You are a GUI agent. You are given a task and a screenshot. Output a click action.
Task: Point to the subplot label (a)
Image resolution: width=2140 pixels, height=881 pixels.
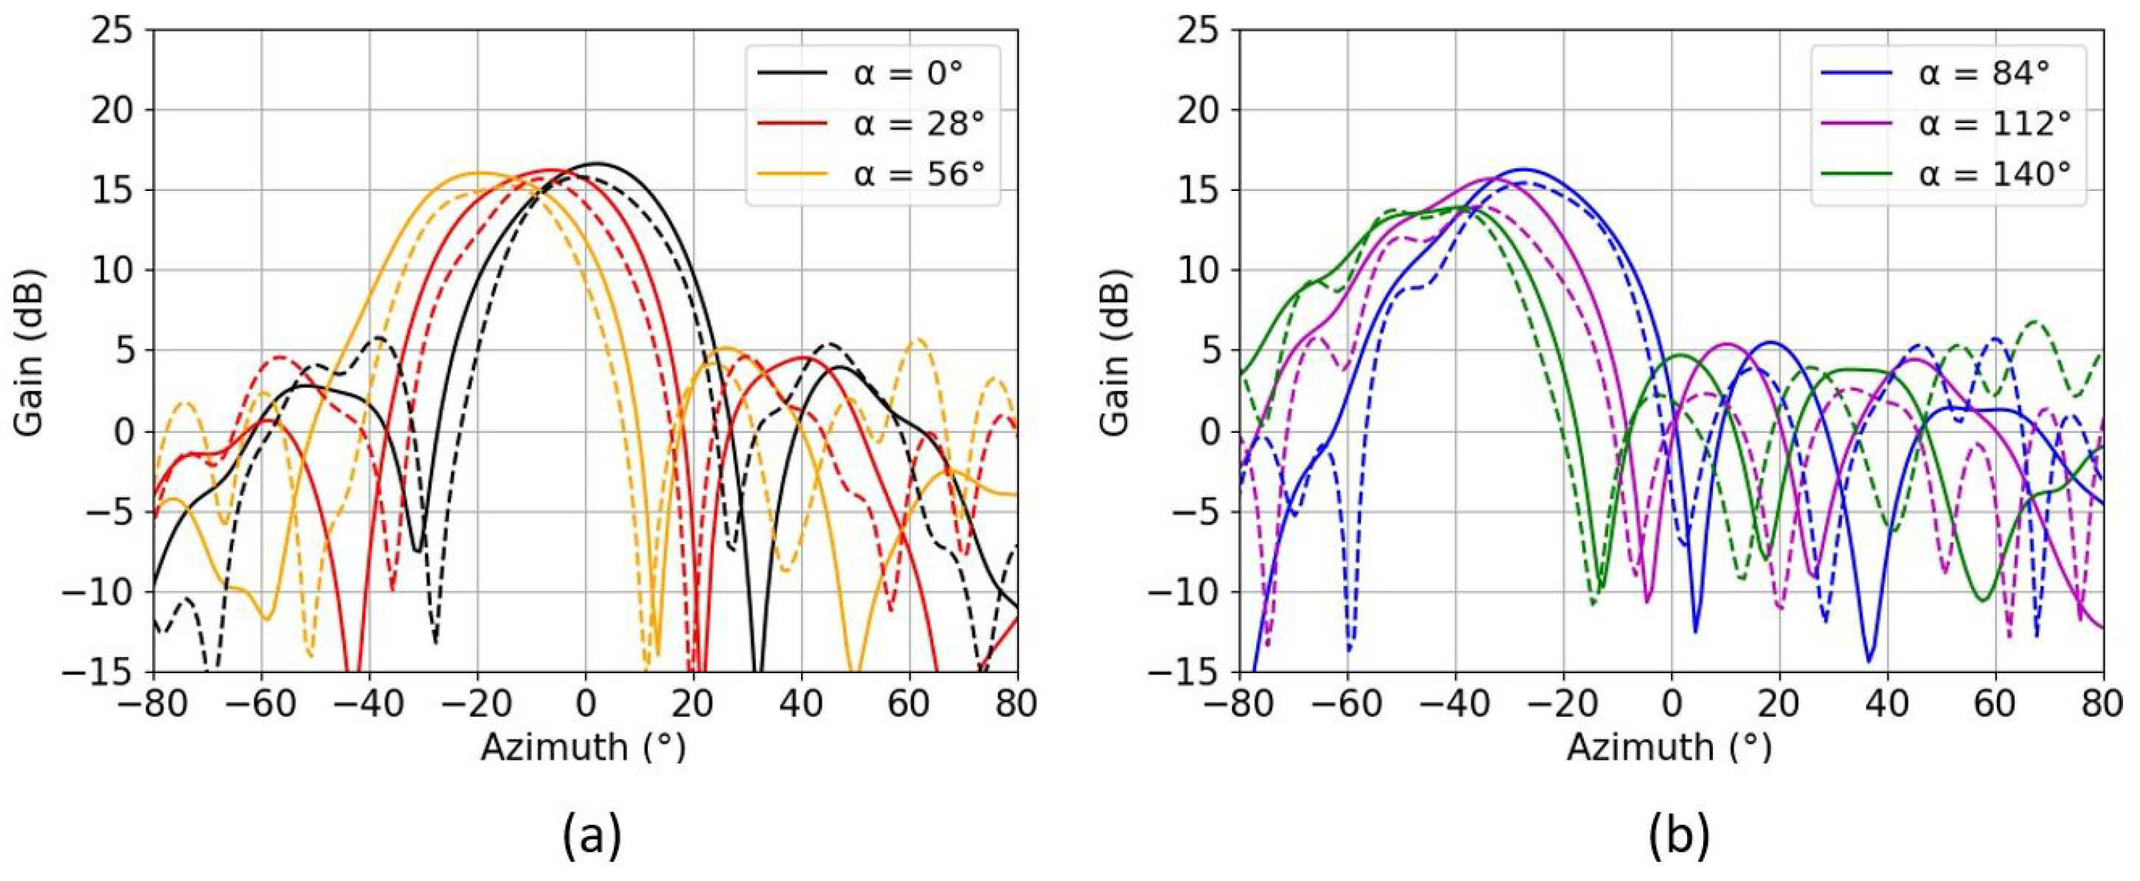[592, 835]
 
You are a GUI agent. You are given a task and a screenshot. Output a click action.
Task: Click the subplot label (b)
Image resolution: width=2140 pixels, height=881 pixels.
[1678, 835]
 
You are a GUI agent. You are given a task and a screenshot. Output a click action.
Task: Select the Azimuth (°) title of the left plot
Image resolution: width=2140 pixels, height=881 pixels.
[584, 748]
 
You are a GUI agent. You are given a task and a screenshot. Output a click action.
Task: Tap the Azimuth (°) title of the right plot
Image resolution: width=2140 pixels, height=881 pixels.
[1671, 748]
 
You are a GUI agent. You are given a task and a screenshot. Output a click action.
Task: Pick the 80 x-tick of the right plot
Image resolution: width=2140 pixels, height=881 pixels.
[2103, 704]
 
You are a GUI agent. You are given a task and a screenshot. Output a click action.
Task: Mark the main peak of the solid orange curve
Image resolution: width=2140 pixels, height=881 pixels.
[479, 173]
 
